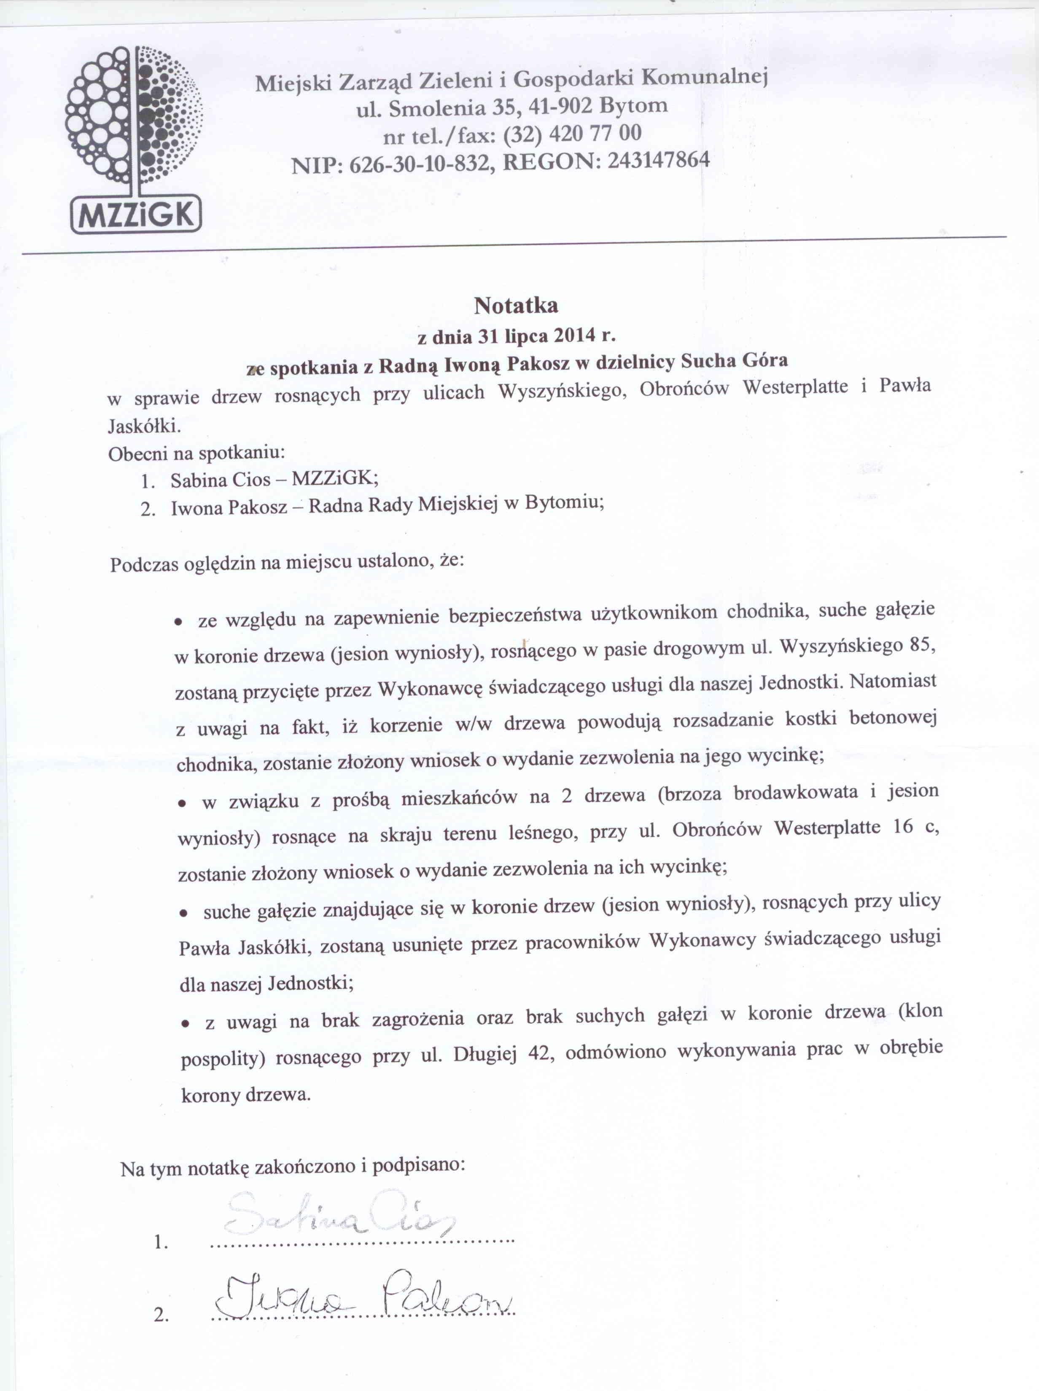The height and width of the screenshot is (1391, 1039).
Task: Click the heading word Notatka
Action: click(516, 306)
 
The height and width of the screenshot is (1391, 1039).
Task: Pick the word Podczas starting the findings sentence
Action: click(144, 564)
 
